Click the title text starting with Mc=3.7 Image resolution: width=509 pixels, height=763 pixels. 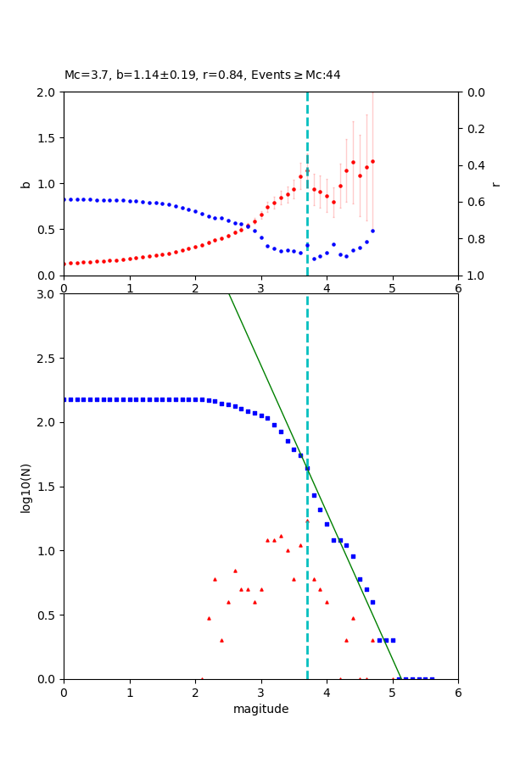pos(202,75)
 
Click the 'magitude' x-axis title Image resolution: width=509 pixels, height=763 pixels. pos(260,709)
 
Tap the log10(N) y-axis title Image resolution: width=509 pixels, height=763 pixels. pos(25,487)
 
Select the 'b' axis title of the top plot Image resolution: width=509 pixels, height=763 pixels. pos(25,183)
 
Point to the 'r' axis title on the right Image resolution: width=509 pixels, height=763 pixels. pos(495,183)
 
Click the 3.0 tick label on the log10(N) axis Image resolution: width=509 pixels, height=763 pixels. pos(48,294)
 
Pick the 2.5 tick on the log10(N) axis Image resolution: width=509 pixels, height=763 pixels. pos(48,359)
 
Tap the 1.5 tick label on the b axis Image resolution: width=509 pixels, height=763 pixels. pos(48,138)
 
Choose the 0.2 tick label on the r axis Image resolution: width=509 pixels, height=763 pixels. pos(473,129)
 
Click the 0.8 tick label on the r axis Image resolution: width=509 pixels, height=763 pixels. pos(473,239)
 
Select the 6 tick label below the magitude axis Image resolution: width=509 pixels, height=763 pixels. pos(458,693)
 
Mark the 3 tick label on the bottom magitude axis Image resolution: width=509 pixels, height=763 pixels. pos(260,693)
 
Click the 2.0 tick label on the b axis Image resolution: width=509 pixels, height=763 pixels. pos(48,92)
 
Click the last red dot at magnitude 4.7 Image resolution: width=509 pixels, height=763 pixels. pos(372,161)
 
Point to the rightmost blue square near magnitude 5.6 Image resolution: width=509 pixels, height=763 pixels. pos(432,678)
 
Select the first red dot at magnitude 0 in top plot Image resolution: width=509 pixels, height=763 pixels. pos(64,264)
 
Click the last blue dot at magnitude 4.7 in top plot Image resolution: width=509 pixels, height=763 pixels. pos(372,231)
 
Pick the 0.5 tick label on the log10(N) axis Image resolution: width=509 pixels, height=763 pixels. pos(48,615)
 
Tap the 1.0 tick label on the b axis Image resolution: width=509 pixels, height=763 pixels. pos(48,184)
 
